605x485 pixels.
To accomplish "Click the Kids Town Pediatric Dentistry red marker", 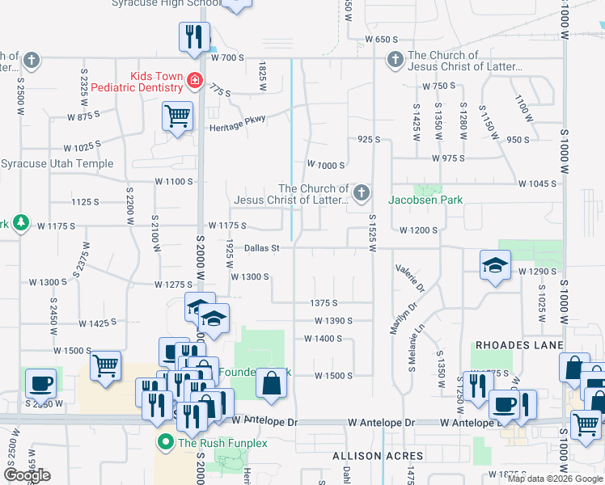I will click(x=194, y=80).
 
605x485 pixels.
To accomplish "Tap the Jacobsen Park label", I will click(x=425, y=199).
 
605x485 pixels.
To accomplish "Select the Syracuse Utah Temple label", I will click(x=57, y=163).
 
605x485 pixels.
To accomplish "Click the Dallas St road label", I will click(x=261, y=248).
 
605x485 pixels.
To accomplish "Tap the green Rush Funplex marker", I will click(x=166, y=442).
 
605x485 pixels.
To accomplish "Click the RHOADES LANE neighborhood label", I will click(x=518, y=345).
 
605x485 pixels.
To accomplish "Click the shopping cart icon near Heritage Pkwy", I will click(x=177, y=115).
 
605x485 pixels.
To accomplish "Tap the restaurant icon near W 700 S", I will click(x=194, y=37).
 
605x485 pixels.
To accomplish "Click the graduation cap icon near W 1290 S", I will click(x=495, y=265).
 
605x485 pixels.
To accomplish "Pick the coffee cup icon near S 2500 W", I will click(x=40, y=383).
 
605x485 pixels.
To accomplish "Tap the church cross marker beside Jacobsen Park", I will click(x=362, y=192).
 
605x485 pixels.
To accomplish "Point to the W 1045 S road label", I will click(x=537, y=183).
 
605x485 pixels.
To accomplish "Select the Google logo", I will click(x=27, y=475).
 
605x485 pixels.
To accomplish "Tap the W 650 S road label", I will click(x=382, y=39).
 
